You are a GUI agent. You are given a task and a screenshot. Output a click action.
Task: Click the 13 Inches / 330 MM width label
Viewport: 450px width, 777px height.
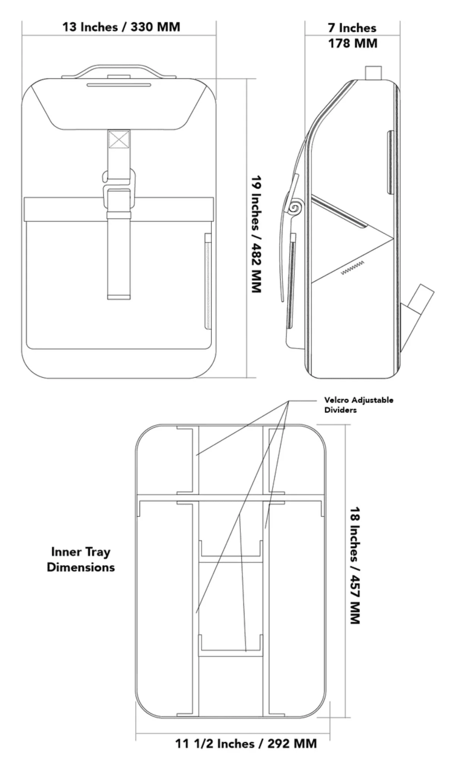coord(121,27)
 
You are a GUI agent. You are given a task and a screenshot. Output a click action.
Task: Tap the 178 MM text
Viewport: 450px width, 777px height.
coord(353,43)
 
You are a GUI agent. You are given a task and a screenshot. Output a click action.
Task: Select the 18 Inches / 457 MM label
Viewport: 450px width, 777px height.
coord(355,565)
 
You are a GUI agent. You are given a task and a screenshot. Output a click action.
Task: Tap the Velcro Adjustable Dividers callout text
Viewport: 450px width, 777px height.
coord(358,404)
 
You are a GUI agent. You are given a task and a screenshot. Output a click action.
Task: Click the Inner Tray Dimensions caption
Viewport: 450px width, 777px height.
coord(81,559)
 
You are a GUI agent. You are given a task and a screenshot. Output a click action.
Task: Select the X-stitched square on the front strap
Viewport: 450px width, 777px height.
coord(119,139)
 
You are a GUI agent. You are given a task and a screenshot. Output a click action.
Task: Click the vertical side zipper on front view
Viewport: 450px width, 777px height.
coord(208,281)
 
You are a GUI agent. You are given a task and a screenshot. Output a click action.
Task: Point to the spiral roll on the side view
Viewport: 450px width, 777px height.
coord(295,208)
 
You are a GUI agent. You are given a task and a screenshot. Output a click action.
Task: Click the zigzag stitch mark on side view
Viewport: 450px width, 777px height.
coord(353,267)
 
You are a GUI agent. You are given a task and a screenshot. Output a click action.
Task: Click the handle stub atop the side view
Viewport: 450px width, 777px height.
coord(373,73)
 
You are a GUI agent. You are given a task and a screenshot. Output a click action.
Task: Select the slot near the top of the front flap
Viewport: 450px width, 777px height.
coord(119,85)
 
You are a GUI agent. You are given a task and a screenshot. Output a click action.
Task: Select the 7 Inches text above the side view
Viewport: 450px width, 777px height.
coord(352,28)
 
